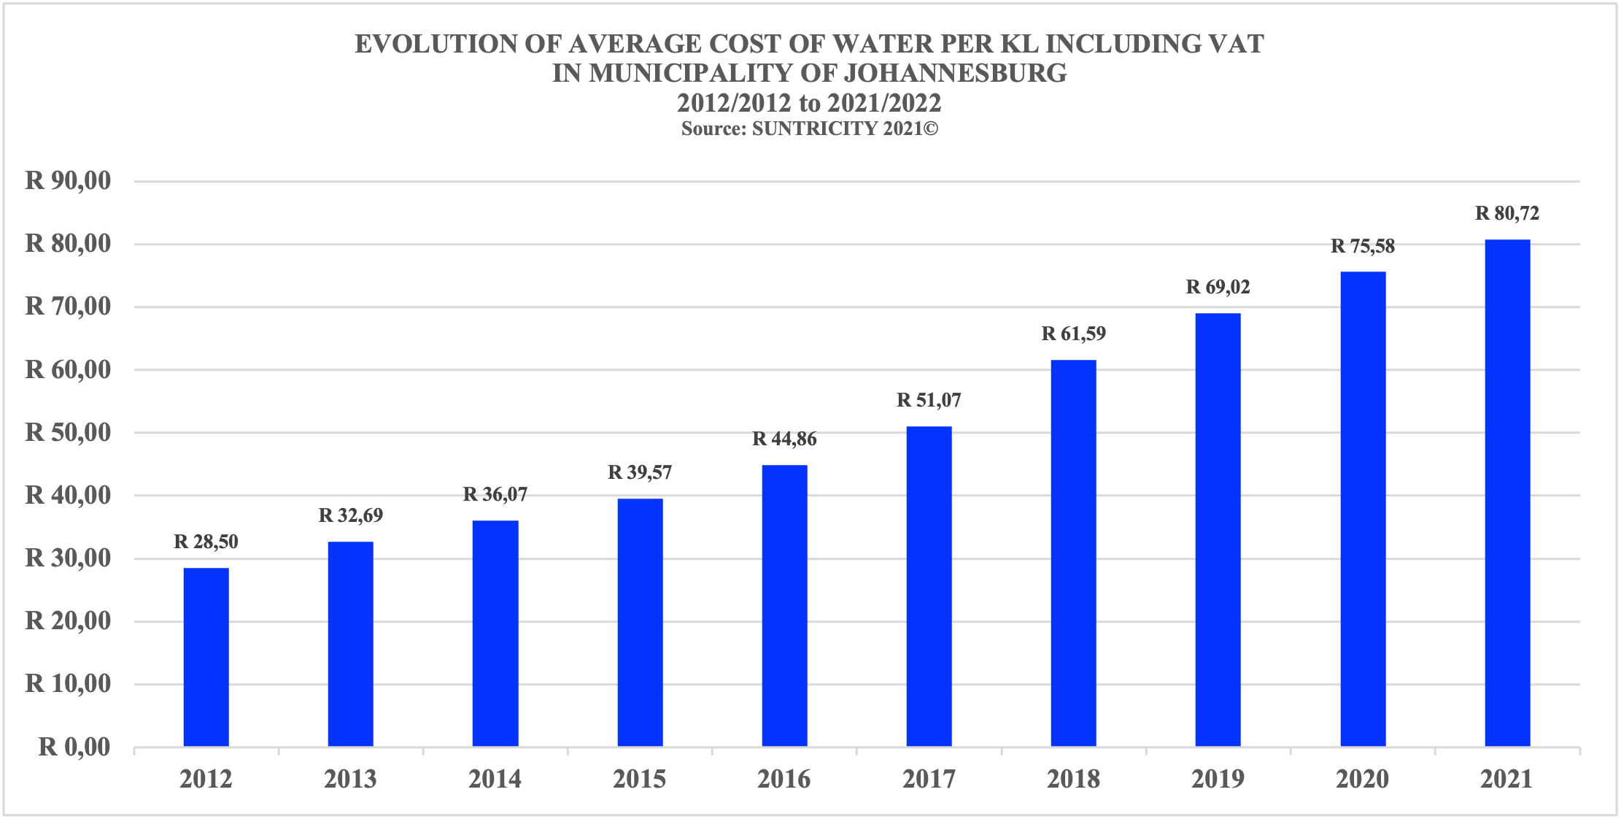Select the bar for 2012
click(206, 657)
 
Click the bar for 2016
click(784, 606)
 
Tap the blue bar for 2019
click(1218, 530)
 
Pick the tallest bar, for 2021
click(1507, 493)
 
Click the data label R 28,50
click(206, 542)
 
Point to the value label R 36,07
click(495, 494)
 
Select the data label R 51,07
click(929, 400)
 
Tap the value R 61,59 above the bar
click(1073, 334)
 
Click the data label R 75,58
click(1363, 246)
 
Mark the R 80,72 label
click(1507, 213)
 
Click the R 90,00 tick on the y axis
click(69, 180)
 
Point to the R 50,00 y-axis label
click(69, 432)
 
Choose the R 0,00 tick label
click(74, 747)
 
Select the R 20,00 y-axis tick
click(69, 620)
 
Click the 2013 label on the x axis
click(350, 780)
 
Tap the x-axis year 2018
click(1073, 780)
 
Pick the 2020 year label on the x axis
click(1362, 780)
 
